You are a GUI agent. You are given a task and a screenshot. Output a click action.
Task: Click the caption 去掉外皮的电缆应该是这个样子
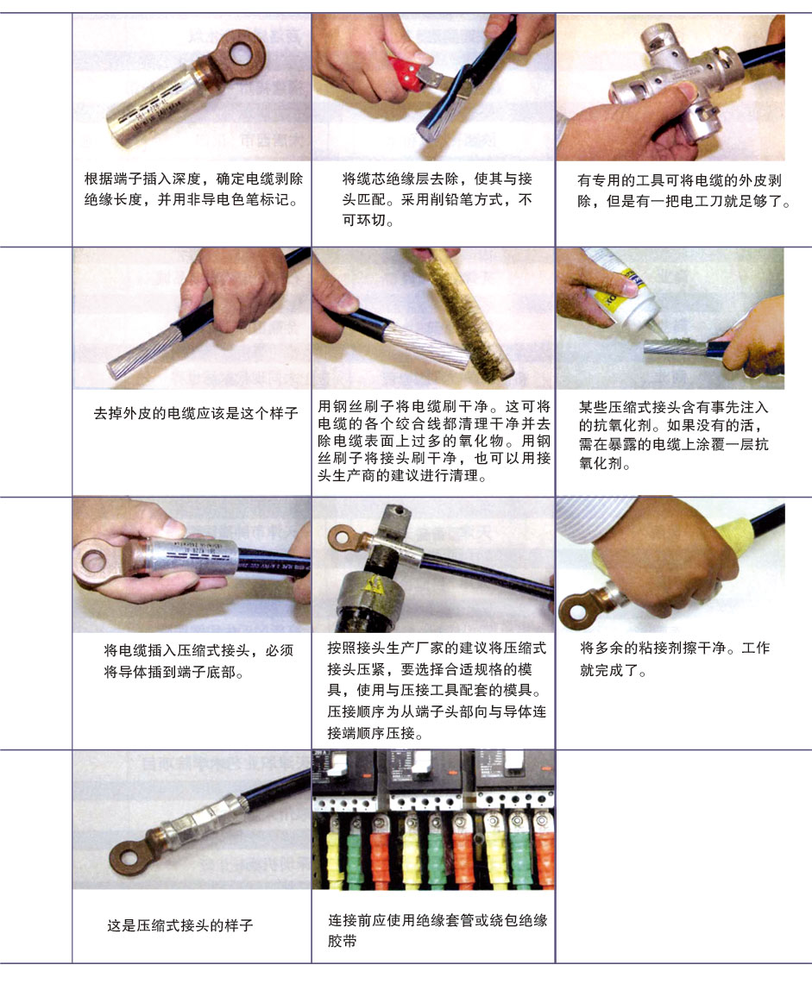(x=195, y=414)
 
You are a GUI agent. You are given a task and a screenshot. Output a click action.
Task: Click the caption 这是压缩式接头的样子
(x=180, y=925)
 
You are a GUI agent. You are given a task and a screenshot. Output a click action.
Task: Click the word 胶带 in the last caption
(x=342, y=942)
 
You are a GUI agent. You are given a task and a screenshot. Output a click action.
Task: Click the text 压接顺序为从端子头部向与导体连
(x=437, y=711)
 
